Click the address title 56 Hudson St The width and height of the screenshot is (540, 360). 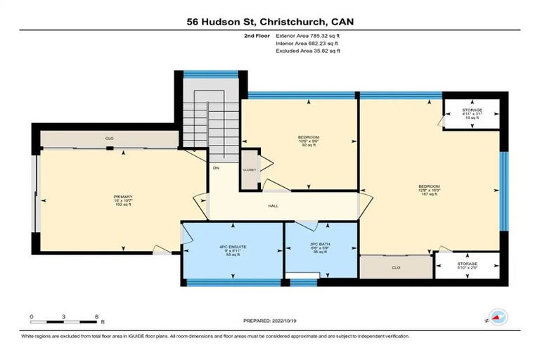click(269, 21)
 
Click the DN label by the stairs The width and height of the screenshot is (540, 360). click(216, 167)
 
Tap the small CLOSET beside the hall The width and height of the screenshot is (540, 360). click(249, 170)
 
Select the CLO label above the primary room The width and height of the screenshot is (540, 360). click(109, 139)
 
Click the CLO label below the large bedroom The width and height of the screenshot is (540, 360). click(395, 267)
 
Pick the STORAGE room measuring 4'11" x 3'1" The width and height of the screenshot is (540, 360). click(472, 114)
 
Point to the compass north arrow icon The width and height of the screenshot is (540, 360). click(498, 317)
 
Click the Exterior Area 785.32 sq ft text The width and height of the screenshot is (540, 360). click(314, 35)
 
